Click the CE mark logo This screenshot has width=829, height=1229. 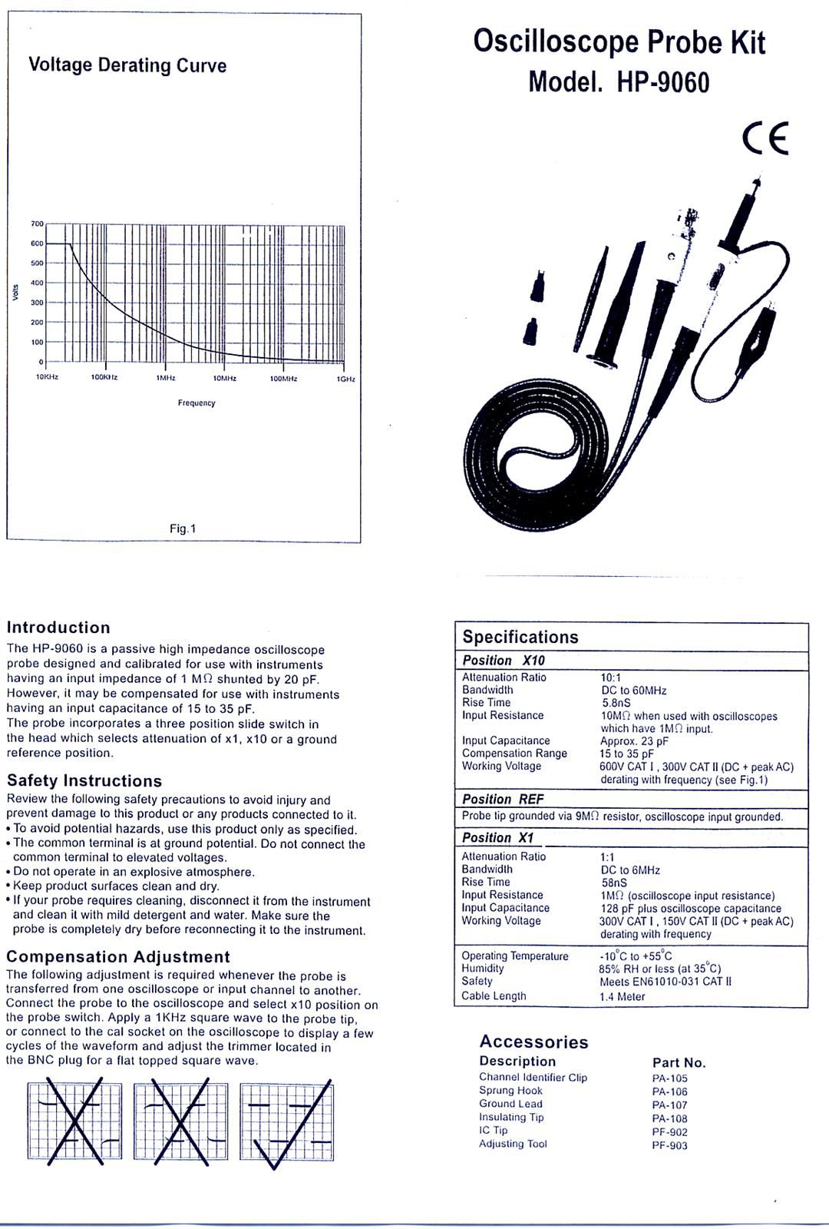pyautogui.click(x=765, y=139)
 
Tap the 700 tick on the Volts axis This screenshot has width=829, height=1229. pyautogui.click(x=37, y=224)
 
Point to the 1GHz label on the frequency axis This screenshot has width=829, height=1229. pyautogui.click(x=345, y=379)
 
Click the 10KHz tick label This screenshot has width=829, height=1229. pyautogui.click(x=47, y=378)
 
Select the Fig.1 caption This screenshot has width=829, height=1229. pyautogui.click(x=183, y=528)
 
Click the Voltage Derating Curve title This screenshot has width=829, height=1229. pyautogui.click(x=127, y=65)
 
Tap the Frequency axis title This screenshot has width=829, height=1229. pyautogui.click(x=197, y=403)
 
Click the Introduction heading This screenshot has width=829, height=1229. pyautogui.click(x=58, y=628)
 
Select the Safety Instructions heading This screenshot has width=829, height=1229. pyautogui.click(x=84, y=781)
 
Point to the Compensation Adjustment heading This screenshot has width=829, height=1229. pyautogui.click(x=118, y=957)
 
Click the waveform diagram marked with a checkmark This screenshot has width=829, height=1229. pyautogui.click(x=287, y=1122)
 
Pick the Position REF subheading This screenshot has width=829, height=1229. pyautogui.click(x=503, y=799)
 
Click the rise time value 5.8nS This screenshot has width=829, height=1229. pyautogui.click(x=616, y=703)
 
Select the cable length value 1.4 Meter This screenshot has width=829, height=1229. pyautogui.click(x=623, y=997)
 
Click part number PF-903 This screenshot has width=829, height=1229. pyautogui.click(x=669, y=1146)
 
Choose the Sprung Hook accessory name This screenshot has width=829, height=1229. pyautogui.click(x=510, y=1091)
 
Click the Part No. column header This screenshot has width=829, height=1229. pyautogui.click(x=679, y=1063)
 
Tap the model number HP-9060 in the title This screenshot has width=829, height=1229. pyautogui.click(x=663, y=82)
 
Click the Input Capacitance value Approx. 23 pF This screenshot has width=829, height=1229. pyautogui.click(x=634, y=741)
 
